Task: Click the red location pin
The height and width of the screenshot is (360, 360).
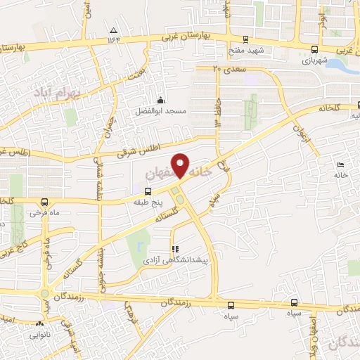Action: (181, 165)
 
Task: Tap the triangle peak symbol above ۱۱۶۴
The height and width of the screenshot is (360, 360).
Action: (114, 30)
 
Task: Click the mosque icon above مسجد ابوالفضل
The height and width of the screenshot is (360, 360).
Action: (161, 99)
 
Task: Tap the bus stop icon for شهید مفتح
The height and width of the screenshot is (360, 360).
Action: (245, 40)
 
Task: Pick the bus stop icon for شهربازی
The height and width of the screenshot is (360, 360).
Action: (314, 49)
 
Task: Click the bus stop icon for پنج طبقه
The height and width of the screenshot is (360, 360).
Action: (148, 191)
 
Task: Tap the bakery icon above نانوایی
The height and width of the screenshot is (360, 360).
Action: (39, 325)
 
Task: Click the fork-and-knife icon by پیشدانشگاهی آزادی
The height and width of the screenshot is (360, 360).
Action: (175, 249)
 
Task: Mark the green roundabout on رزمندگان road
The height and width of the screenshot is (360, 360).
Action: (46, 294)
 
